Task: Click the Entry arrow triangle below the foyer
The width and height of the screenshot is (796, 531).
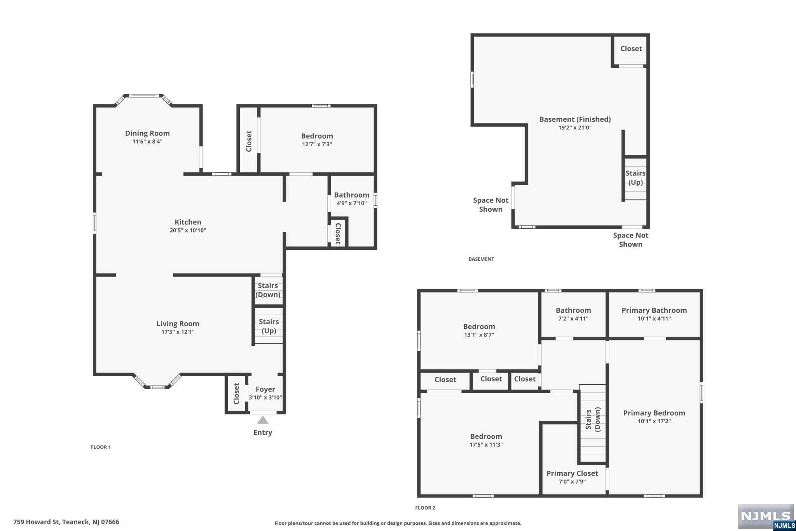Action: click(x=263, y=420)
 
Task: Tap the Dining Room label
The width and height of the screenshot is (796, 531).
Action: click(x=147, y=133)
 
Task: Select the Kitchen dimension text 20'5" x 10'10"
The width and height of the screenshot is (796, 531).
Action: click(x=188, y=230)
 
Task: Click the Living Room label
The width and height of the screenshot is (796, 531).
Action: click(x=178, y=324)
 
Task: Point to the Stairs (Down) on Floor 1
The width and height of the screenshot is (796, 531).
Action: click(x=268, y=290)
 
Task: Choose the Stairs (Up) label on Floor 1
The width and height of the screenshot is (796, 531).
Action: click(x=269, y=326)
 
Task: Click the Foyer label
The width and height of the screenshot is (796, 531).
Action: click(x=265, y=389)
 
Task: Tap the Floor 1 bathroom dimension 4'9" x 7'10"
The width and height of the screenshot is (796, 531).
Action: click(x=352, y=203)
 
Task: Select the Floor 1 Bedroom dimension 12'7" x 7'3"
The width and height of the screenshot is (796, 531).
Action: click(x=317, y=144)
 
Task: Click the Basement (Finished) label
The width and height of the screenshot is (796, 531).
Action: click(x=575, y=119)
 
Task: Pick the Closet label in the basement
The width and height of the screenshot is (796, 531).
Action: click(x=631, y=49)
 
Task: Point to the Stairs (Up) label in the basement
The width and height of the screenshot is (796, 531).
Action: click(x=635, y=178)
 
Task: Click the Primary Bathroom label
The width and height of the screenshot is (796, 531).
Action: click(x=654, y=310)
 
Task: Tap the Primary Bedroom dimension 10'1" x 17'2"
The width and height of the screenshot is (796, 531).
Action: click(x=654, y=421)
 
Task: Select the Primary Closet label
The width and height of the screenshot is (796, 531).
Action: click(x=572, y=473)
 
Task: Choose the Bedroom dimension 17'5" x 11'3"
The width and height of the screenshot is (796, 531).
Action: click(x=486, y=445)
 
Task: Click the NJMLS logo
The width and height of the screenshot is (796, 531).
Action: click(x=766, y=517)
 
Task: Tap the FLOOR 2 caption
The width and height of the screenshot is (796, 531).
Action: click(x=425, y=508)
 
